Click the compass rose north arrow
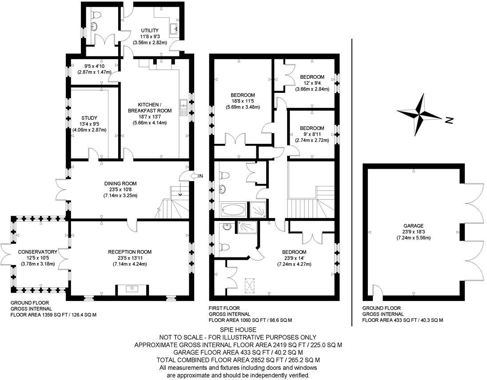tap(420, 115)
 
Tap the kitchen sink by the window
tap(183, 107)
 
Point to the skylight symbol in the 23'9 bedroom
tap(251, 285)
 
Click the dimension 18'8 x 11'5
tap(242, 101)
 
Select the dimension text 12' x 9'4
tap(312, 83)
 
